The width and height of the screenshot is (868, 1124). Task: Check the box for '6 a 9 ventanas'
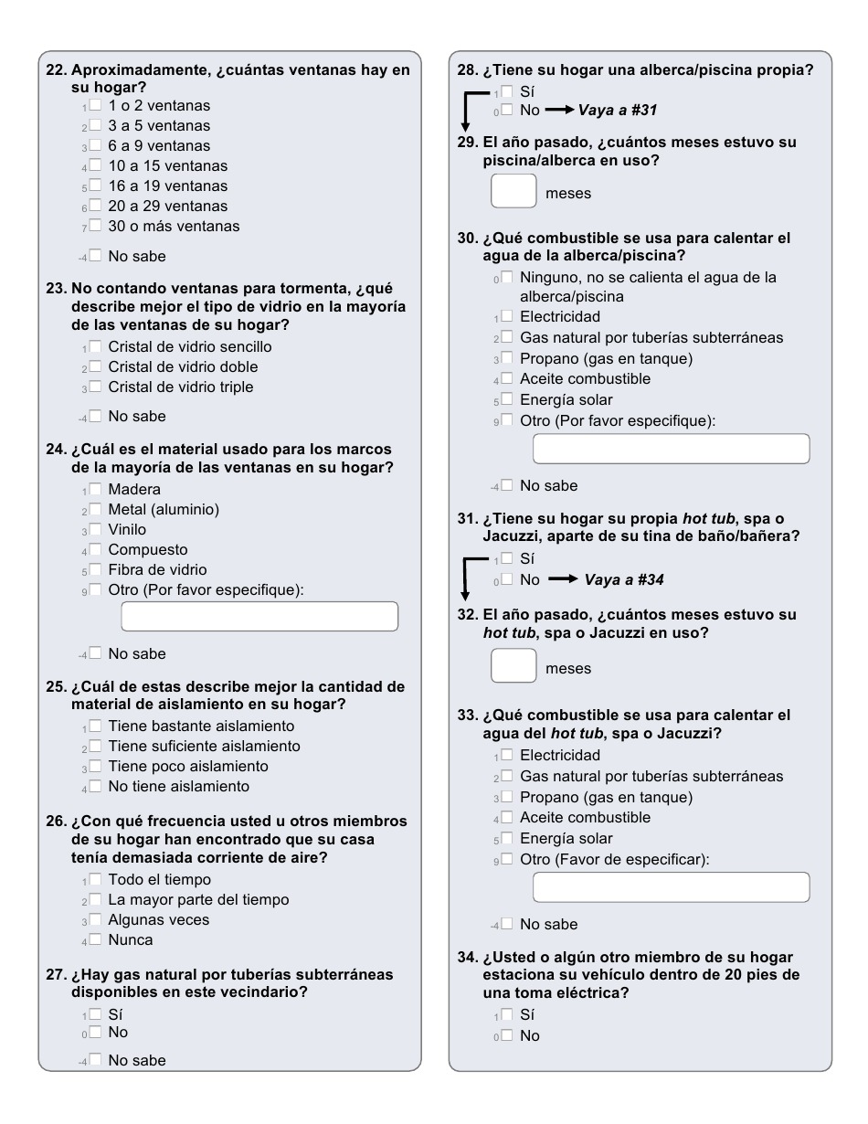point(95,146)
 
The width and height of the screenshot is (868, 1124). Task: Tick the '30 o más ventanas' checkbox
point(95,227)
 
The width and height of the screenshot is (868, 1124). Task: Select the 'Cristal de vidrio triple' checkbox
point(95,387)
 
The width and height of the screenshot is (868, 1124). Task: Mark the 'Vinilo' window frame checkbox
point(95,530)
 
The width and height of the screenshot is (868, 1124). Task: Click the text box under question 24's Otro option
point(259,617)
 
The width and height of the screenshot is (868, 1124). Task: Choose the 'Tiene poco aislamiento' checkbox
point(95,767)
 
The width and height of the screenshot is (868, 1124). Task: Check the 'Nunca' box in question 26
point(95,940)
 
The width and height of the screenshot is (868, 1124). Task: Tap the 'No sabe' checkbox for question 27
point(95,1061)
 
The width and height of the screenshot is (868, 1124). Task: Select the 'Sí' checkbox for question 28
point(507,91)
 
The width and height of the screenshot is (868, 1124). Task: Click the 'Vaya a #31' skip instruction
point(618,111)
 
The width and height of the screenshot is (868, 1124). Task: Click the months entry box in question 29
point(513,193)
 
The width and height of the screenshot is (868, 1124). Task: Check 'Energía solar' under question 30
point(507,399)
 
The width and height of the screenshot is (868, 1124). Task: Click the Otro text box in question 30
point(671,449)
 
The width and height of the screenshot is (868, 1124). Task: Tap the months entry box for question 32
point(513,667)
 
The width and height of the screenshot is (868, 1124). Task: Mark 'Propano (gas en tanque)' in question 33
point(507,798)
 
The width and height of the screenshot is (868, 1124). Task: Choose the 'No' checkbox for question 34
point(507,1036)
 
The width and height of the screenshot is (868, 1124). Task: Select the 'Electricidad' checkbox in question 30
point(507,317)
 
